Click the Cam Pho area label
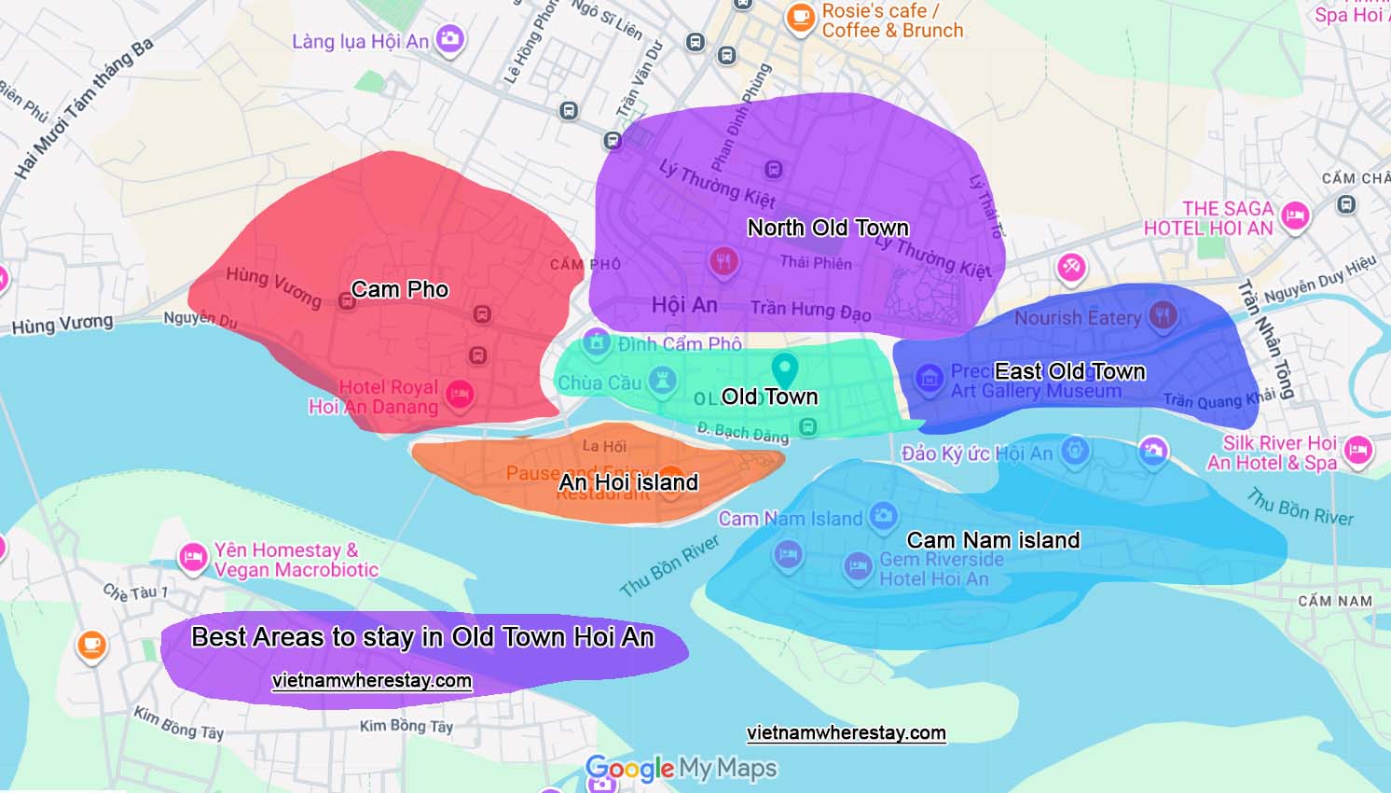400,289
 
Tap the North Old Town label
828,228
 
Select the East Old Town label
1069,371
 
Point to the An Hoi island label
628,482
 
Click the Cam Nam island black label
993,540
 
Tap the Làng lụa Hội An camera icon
449,39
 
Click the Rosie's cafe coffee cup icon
799,17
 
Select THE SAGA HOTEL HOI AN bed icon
1294,216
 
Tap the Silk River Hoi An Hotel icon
1358,451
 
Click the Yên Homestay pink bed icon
193,558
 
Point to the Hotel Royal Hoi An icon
459,394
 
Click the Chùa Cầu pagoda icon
662,381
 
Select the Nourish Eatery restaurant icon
1162,315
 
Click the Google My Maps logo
681,768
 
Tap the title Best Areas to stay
422,637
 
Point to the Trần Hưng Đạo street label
810,310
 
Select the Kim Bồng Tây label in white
406,726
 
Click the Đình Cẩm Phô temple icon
597,341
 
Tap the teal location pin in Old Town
785,369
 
